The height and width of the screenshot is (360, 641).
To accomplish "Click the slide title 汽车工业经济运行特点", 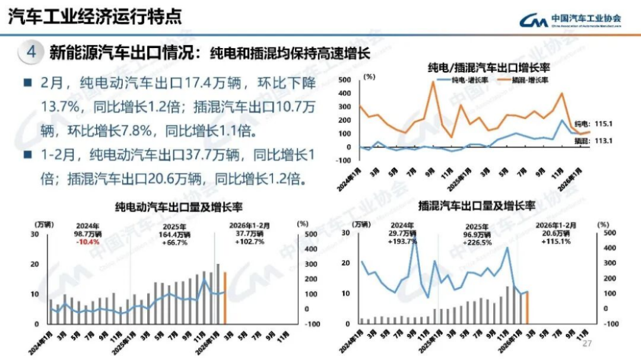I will tap(95, 16).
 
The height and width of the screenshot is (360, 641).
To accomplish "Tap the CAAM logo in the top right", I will tap(570, 20).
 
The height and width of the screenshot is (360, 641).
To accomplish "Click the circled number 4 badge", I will tap(31, 52).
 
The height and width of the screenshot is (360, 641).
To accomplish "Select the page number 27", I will tap(588, 344).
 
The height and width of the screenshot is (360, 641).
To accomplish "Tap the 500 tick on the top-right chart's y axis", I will tap(345, 79).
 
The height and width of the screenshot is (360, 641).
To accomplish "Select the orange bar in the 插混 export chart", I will tap(527, 308).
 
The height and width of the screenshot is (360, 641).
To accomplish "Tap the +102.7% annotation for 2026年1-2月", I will tap(249, 242).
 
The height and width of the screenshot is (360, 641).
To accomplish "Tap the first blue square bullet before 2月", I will tap(27, 82).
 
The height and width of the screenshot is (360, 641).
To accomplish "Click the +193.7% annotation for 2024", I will tap(403, 242).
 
